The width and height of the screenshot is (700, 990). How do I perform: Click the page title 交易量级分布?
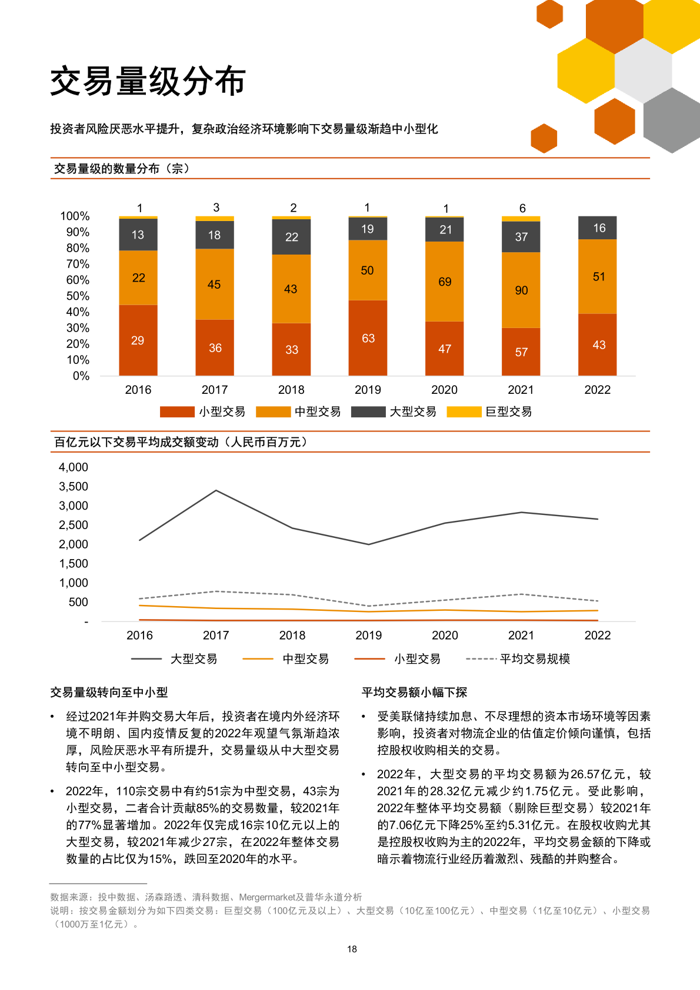coord(148,81)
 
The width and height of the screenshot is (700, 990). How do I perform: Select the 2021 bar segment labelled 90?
coord(521,290)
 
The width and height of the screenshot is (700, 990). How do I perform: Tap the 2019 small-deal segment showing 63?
coord(368,338)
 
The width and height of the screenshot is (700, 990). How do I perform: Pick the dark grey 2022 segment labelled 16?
coord(598,228)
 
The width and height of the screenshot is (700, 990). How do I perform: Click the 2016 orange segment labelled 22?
coord(138,277)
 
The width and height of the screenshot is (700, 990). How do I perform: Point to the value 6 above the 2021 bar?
coord(522,208)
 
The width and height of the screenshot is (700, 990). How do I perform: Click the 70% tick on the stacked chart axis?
coord(78,264)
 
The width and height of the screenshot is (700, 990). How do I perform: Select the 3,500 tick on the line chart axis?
coord(74,486)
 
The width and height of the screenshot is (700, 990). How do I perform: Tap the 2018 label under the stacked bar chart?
coord(291,390)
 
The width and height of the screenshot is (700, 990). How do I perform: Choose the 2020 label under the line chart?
coord(445,635)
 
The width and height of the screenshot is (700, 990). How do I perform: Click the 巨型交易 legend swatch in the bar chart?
coord(464,412)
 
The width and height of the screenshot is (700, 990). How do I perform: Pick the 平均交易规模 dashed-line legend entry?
coord(518,659)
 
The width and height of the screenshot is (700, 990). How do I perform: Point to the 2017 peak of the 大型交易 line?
coord(216,490)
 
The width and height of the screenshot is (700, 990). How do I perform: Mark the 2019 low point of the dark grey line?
coord(369,544)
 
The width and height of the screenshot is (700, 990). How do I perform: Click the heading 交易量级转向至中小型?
coord(109,692)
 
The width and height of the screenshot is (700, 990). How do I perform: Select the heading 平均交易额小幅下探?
coord(414,692)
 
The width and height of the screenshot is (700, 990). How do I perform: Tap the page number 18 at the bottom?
coord(352,949)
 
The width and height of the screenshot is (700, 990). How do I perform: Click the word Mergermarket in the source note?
coord(267,897)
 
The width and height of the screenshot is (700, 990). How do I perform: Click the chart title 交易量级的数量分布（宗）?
coord(122,169)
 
